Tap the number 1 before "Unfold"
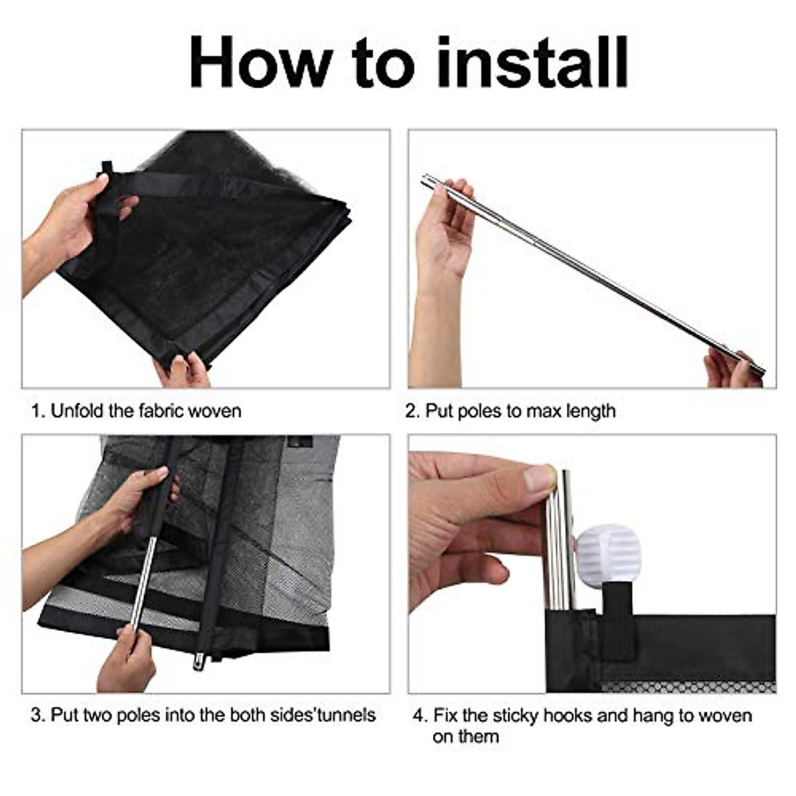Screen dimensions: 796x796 click(37, 411)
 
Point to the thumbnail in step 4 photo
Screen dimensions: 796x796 click(539, 478)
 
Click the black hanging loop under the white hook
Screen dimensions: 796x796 click(617, 620)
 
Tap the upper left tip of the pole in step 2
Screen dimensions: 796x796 click(425, 178)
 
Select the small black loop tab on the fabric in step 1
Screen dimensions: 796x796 click(107, 168)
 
